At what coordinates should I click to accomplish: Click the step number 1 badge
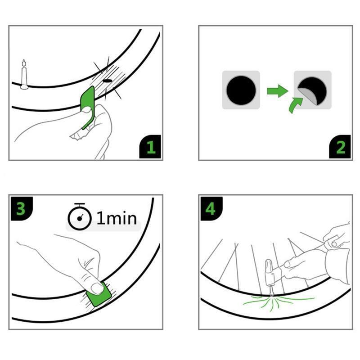click(x=150, y=147)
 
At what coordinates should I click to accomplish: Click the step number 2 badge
click(x=340, y=147)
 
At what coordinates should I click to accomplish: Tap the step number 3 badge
click(x=22, y=208)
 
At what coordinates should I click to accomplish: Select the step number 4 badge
click(x=211, y=208)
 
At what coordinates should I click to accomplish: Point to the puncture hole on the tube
click(x=107, y=81)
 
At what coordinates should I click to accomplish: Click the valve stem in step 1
click(x=24, y=75)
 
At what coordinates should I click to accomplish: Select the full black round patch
click(x=241, y=90)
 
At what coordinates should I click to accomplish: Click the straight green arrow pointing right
click(x=278, y=91)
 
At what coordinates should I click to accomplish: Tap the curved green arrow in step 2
click(x=295, y=105)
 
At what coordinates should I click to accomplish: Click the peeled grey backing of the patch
click(x=307, y=96)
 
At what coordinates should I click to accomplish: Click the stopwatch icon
click(x=80, y=216)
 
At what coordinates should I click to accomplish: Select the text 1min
click(x=117, y=218)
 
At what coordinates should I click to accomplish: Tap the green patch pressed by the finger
click(x=99, y=295)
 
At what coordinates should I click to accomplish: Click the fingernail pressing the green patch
click(x=97, y=288)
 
